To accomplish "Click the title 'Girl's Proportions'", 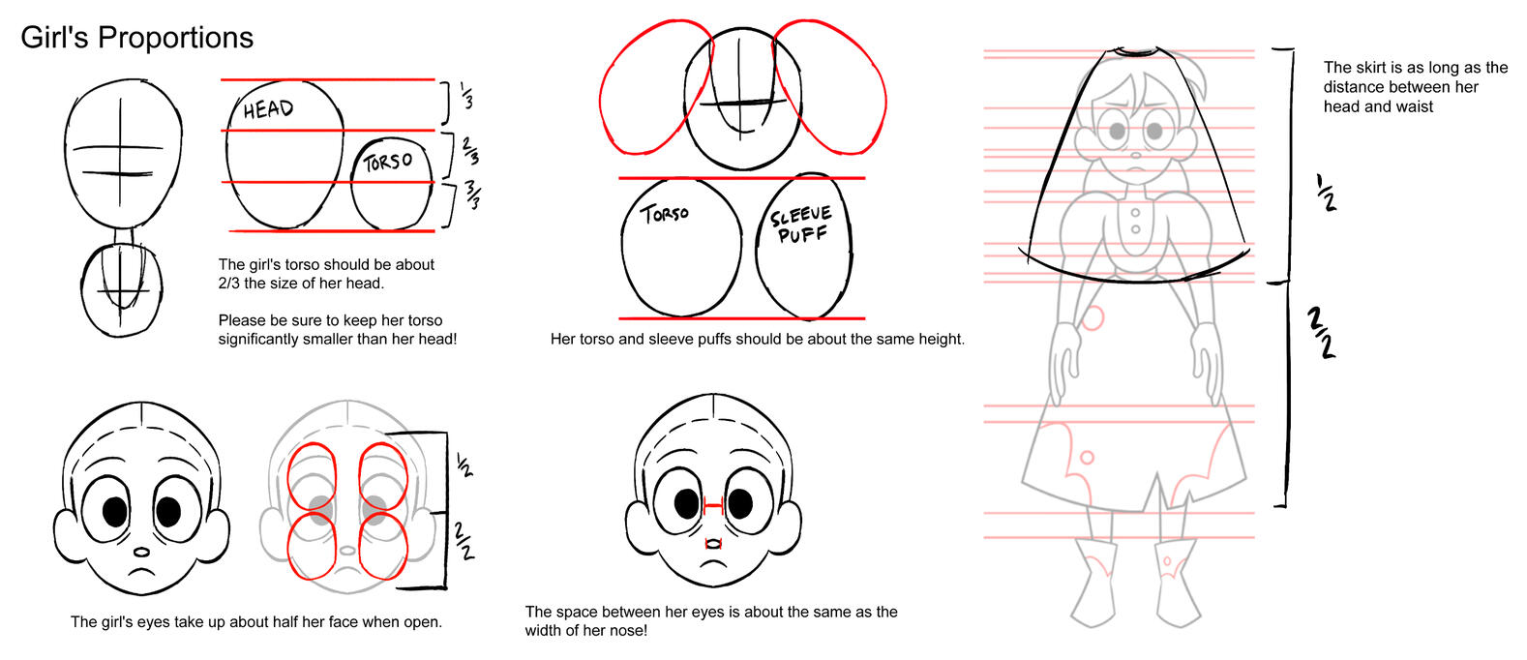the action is point(137,38).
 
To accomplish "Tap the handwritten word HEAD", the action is point(268,109).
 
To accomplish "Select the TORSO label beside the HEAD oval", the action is point(388,163).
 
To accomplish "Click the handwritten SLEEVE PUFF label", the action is point(801,225).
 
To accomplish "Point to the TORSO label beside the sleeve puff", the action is point(665,214).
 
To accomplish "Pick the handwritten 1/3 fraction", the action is point(467,96).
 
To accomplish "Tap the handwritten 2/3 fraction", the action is point(470,151).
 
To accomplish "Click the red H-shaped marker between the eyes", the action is point(713,505).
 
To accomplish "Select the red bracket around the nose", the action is point(713,544).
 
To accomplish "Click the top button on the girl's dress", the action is point(1135,214).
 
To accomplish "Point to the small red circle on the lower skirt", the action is point(1088,458).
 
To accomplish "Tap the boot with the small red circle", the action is point(1177,583).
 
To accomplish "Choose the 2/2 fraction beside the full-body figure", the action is point(1321,333).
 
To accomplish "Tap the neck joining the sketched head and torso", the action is point(124,236).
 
